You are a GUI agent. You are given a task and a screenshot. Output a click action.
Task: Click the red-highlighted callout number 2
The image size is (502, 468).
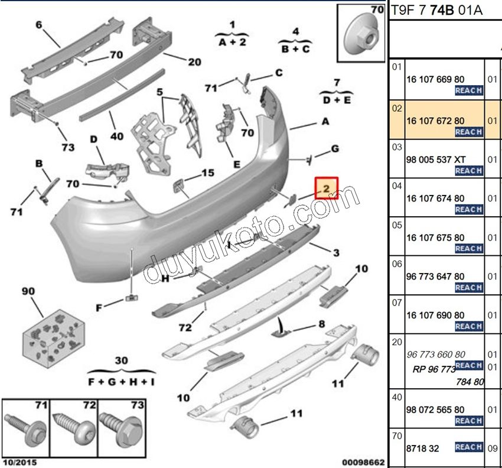tap(326, 188)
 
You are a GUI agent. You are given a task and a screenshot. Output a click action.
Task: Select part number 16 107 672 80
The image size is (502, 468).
tap(435, 121)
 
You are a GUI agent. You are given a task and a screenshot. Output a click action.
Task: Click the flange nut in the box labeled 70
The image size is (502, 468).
tap(361, 35)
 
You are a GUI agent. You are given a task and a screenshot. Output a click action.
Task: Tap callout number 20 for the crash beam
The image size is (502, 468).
tap(194, 62)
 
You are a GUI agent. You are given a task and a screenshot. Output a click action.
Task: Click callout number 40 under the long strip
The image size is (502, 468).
tap(116, 136)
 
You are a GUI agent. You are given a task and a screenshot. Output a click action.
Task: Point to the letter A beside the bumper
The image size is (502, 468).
tap(325, 121)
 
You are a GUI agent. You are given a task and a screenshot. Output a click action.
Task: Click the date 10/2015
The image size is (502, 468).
tap(20, 462)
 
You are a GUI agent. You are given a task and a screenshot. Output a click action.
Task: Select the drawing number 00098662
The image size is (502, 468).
tap(363, 462)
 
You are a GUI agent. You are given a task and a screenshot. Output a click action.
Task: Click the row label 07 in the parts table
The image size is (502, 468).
tap(397, 303)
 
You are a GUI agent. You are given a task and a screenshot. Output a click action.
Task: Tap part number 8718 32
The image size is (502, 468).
tap(423, 448)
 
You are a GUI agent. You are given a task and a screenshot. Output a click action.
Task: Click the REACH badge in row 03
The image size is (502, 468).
tap(469, 171)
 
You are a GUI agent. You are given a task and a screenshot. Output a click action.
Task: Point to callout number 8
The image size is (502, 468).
tap(321, 324)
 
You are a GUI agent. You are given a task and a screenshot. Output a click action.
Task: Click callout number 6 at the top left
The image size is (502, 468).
tap(39, 25)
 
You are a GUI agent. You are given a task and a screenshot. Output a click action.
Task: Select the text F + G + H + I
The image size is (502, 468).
tap(121, 382)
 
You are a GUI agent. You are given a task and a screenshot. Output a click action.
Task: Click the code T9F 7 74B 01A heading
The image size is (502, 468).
tap(436, 11)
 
